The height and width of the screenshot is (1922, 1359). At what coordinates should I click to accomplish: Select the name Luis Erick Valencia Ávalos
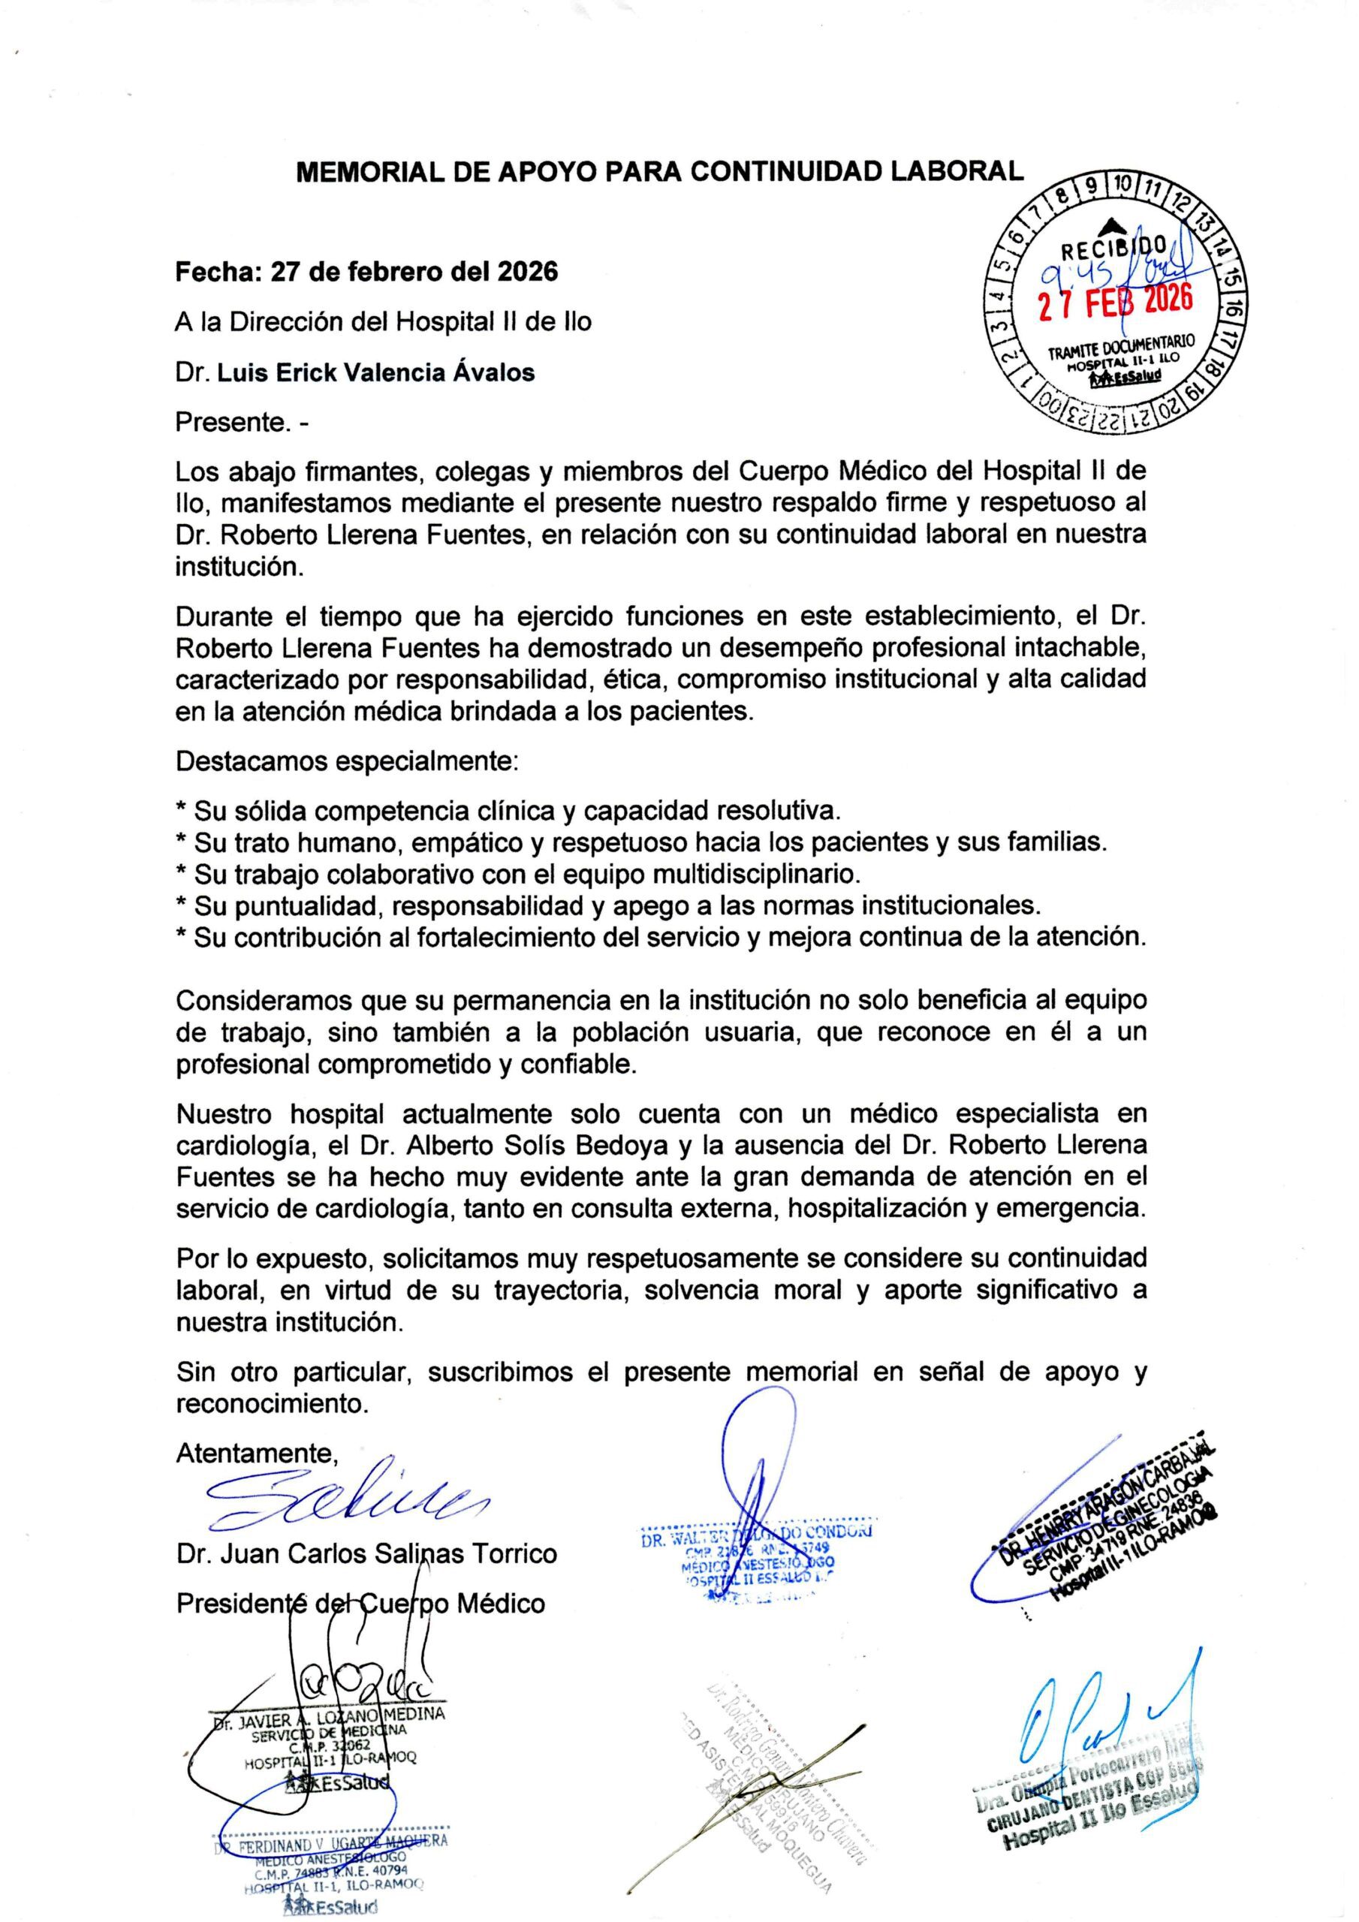point(376,372)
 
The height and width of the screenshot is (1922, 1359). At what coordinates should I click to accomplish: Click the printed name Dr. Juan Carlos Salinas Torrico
point(366,1553)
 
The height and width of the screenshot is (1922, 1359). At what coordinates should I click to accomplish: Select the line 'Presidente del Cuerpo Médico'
point(360,1602)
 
